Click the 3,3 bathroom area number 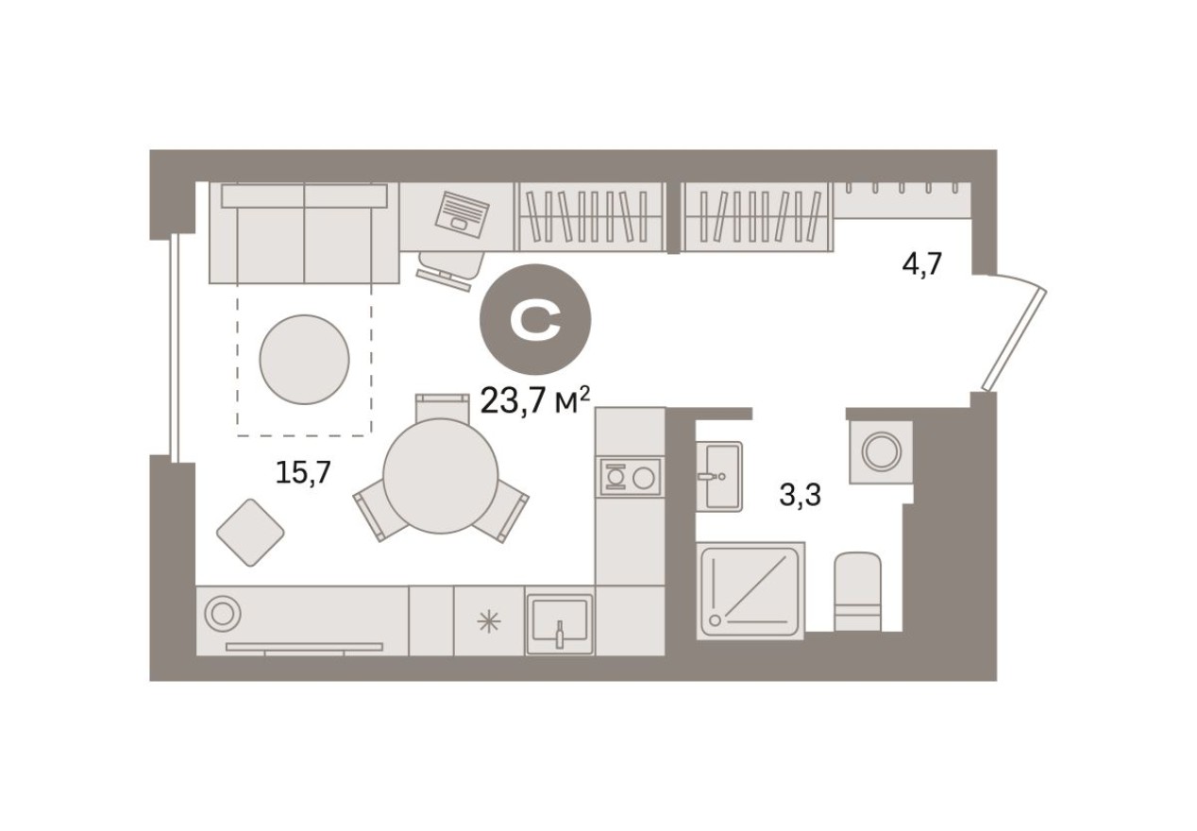800,493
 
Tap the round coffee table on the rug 304,358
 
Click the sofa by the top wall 304,233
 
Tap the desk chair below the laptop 450,265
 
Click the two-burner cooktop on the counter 630,476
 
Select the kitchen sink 560,620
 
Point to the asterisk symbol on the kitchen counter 488,620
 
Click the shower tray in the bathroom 750,590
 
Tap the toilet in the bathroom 857,591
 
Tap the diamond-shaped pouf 250,532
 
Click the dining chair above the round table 442,406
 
